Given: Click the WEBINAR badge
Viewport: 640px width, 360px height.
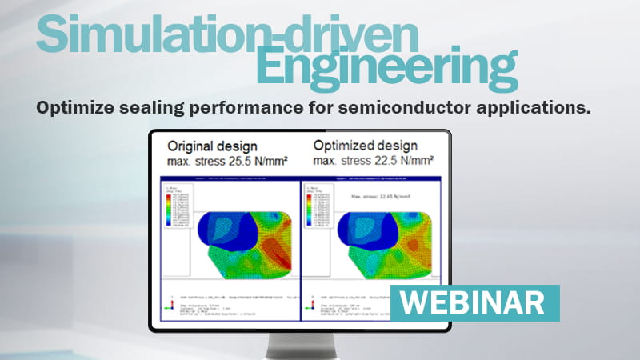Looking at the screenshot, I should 474,302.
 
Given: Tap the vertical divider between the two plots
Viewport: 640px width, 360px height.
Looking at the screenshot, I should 300,248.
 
